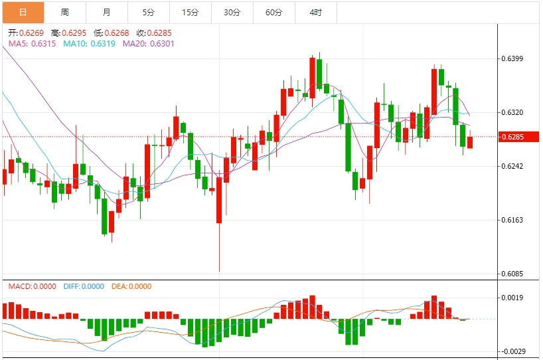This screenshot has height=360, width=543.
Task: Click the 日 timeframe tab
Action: (x=23, y=12)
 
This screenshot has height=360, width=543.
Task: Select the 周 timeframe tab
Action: (x=64, y=12)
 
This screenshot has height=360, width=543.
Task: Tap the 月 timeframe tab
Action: (x=107, y=12)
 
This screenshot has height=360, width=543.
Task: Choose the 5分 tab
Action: (x=148, y=12)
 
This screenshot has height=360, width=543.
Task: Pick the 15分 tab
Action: (x=191, y=12)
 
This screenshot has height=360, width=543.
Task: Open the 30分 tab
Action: (x=232, y=12)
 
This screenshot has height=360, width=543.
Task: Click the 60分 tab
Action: (x=273, y=12)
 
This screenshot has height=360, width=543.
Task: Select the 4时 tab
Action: (x=316, y=12)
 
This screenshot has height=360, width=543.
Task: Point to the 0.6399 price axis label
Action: (x=512, y=58)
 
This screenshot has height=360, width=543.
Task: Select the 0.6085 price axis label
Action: (x=512, y=274)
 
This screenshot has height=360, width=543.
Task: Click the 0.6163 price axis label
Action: (x=512, y=220)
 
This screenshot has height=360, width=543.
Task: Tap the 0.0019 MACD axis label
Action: (x=512, y=298)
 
